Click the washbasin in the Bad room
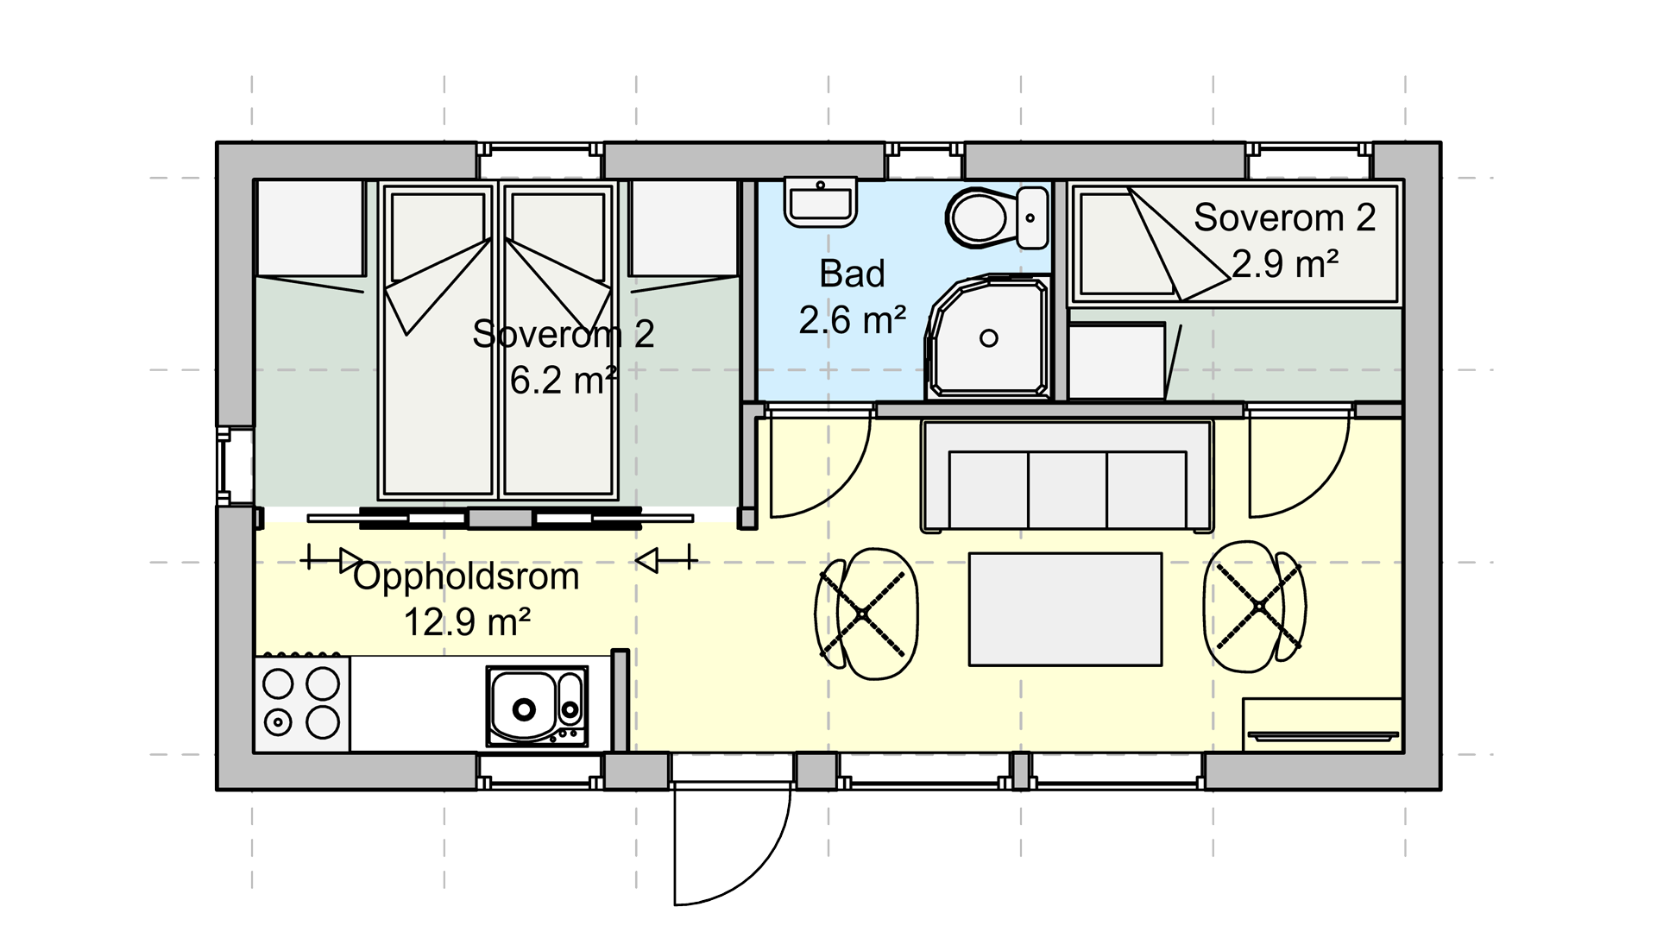coord(820,202)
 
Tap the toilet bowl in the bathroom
coord(980,217)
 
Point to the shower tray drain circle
coord(989,338)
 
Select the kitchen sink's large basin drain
coord(524,709)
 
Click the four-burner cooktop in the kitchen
coord(301,704)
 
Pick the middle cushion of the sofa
coord(1068,490)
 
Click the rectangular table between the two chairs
coord(1065,609)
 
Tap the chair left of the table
coord(866,614)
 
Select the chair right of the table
coord(1255,607)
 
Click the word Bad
coord(852,274)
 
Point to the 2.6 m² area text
coord(852,320)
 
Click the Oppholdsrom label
coord(466,577)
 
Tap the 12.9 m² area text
coord(467,622)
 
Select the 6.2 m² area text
coord(564,380)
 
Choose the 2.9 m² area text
coord(1285,264)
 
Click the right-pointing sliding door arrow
coord(332,560)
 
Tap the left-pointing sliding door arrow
coord(666,560)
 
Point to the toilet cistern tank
coord(1031,217)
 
